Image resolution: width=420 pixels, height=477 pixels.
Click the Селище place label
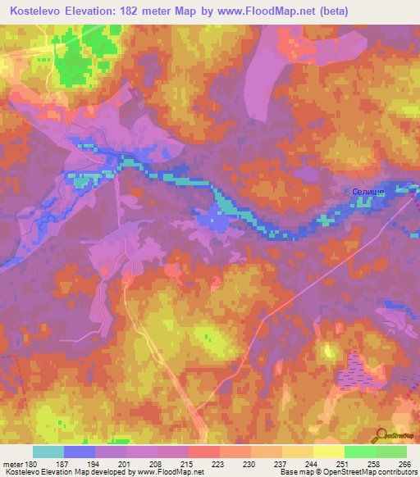tap(367, 191)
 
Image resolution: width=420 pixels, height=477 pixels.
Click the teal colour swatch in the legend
tap(48, 452)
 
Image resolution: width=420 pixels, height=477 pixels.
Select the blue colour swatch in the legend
tap(79, 452)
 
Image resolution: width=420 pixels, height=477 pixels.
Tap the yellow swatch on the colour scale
tap(328, 452)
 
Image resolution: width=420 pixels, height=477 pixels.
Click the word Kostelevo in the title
tap(39, 11)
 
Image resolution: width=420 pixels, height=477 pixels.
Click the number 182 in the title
tap(147, 11)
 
